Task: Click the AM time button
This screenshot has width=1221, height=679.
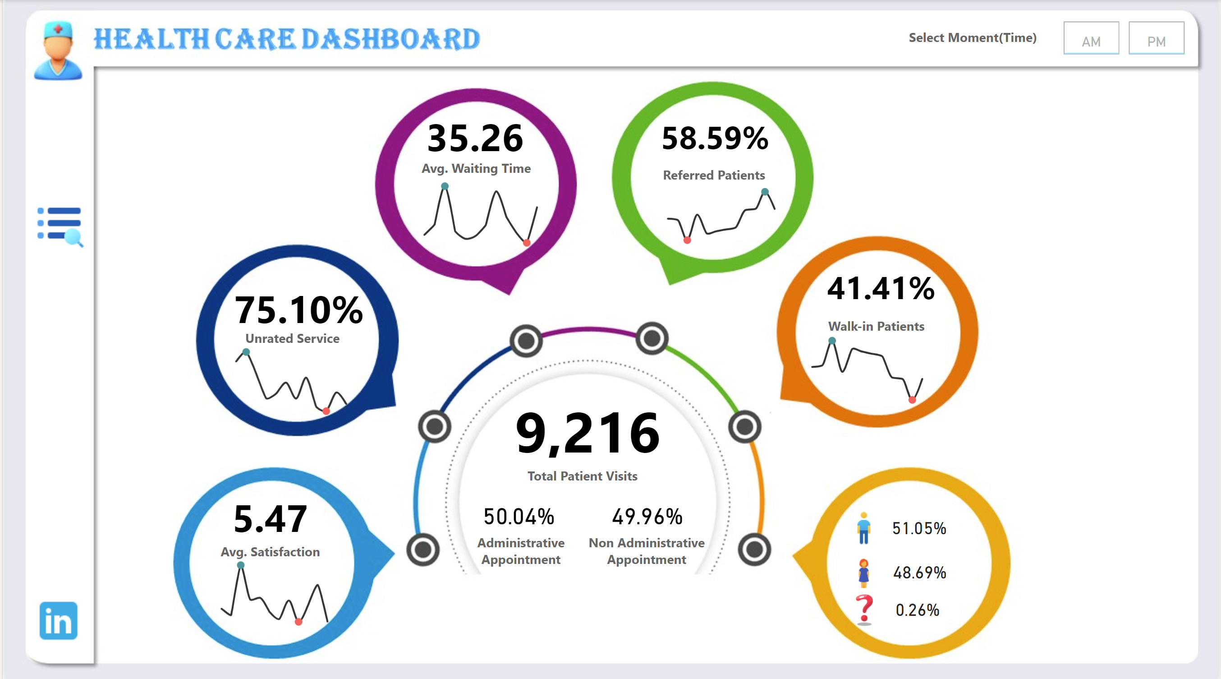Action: coord(1091,38)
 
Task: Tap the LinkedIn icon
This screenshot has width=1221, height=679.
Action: coord(58,621)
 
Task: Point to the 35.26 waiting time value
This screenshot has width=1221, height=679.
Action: coord(475,139)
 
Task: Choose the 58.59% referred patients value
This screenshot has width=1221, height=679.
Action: coord(714,139)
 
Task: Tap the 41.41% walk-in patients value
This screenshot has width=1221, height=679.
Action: coord(880,288)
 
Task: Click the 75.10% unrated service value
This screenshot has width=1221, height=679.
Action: coord(298,310)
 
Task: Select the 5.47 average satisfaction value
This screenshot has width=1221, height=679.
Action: coord(270,519)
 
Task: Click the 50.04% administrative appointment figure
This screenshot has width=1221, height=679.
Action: coord(519,517)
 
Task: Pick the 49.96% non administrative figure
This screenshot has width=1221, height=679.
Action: coord(647,517)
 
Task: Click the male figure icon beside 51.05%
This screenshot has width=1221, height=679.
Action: coord(863,528)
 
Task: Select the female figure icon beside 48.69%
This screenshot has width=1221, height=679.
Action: coord(863,573)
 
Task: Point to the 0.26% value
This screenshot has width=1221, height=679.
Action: coord(917,610)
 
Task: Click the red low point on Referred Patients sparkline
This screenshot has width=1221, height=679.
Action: coord(687,240)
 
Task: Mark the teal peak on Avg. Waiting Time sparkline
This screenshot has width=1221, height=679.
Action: coord(445,186)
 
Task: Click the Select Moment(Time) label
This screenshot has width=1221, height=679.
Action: coord(972,38)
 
